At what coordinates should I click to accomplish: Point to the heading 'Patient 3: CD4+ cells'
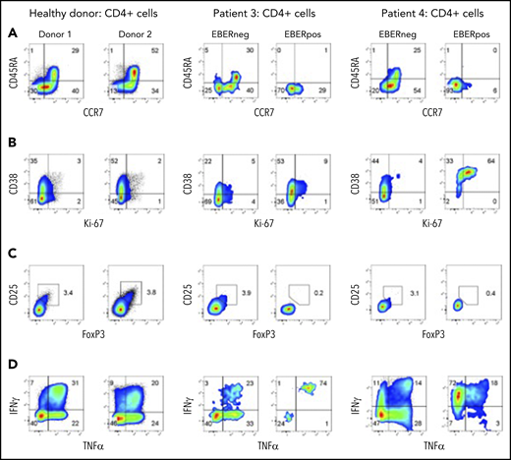pos(266,12)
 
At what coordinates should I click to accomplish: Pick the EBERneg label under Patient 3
pos(236,33)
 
